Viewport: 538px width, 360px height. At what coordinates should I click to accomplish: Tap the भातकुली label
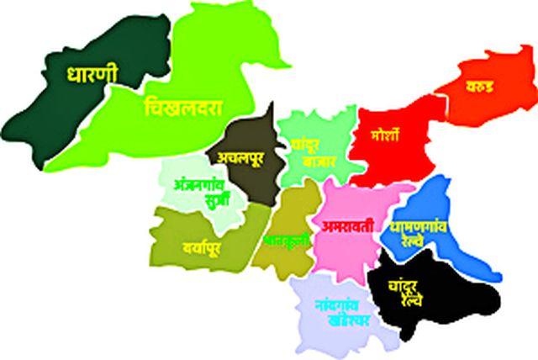click(x=287, y=241)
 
